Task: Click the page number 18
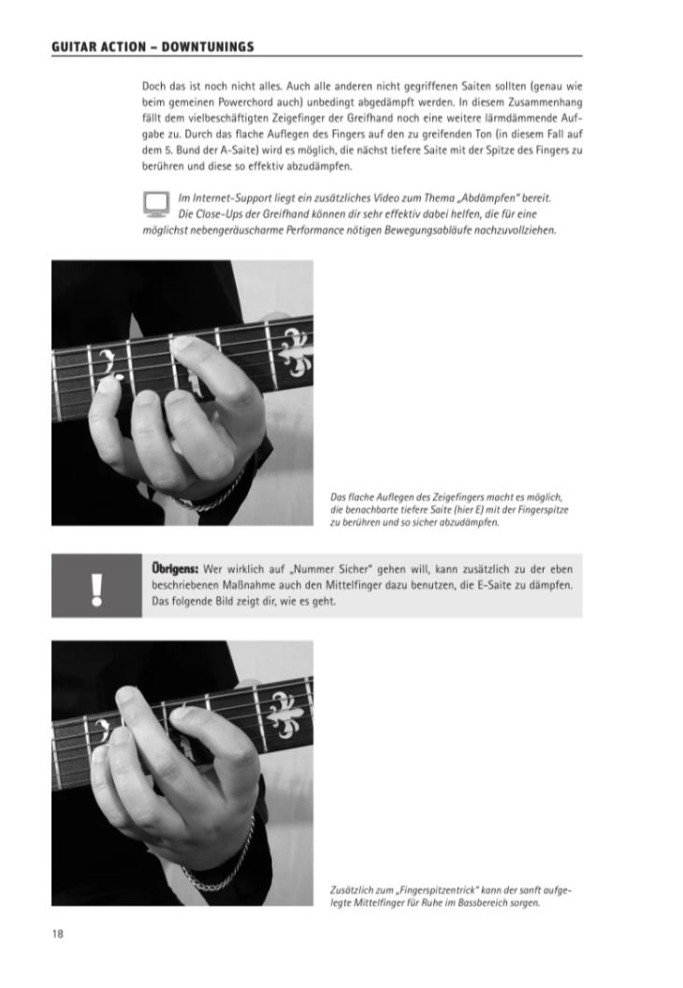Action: coord(57,934)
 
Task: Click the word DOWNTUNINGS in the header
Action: coord(208,47)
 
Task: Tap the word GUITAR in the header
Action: coord(74,47)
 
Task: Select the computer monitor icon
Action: coord(155,204)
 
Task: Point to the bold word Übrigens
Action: coord(175,568)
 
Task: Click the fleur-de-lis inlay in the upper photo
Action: coord(296,353)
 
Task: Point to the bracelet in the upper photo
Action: coord(211,495)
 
